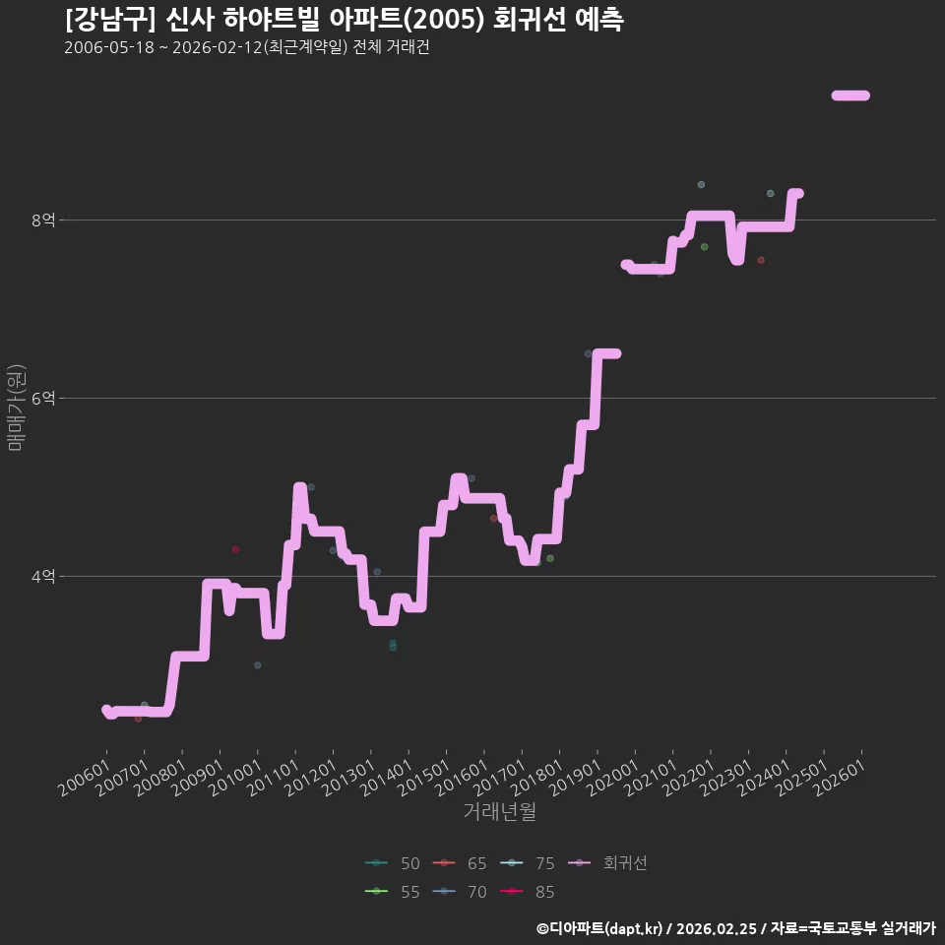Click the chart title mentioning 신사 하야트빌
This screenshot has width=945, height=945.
345,20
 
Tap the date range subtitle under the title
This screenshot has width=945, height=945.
246,47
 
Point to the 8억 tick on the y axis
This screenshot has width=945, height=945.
43,220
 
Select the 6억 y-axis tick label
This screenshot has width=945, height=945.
43,399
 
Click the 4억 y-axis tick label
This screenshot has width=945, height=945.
43,577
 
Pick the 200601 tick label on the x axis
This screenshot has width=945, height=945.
85,778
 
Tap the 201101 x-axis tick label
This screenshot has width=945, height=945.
273,778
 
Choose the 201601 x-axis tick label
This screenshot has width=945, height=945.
462,778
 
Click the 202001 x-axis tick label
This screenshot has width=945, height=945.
612,778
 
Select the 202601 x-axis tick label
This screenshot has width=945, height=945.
840,778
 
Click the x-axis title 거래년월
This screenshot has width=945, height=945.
500,811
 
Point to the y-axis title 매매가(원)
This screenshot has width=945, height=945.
16,408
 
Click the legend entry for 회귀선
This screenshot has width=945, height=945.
607,863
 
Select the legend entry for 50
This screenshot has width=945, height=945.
393,863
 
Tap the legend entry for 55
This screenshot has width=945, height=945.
393,892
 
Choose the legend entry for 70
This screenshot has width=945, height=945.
460,892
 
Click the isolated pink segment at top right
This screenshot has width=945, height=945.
850,95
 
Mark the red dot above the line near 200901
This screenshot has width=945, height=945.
235,549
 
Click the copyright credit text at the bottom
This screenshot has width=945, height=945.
736,928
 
